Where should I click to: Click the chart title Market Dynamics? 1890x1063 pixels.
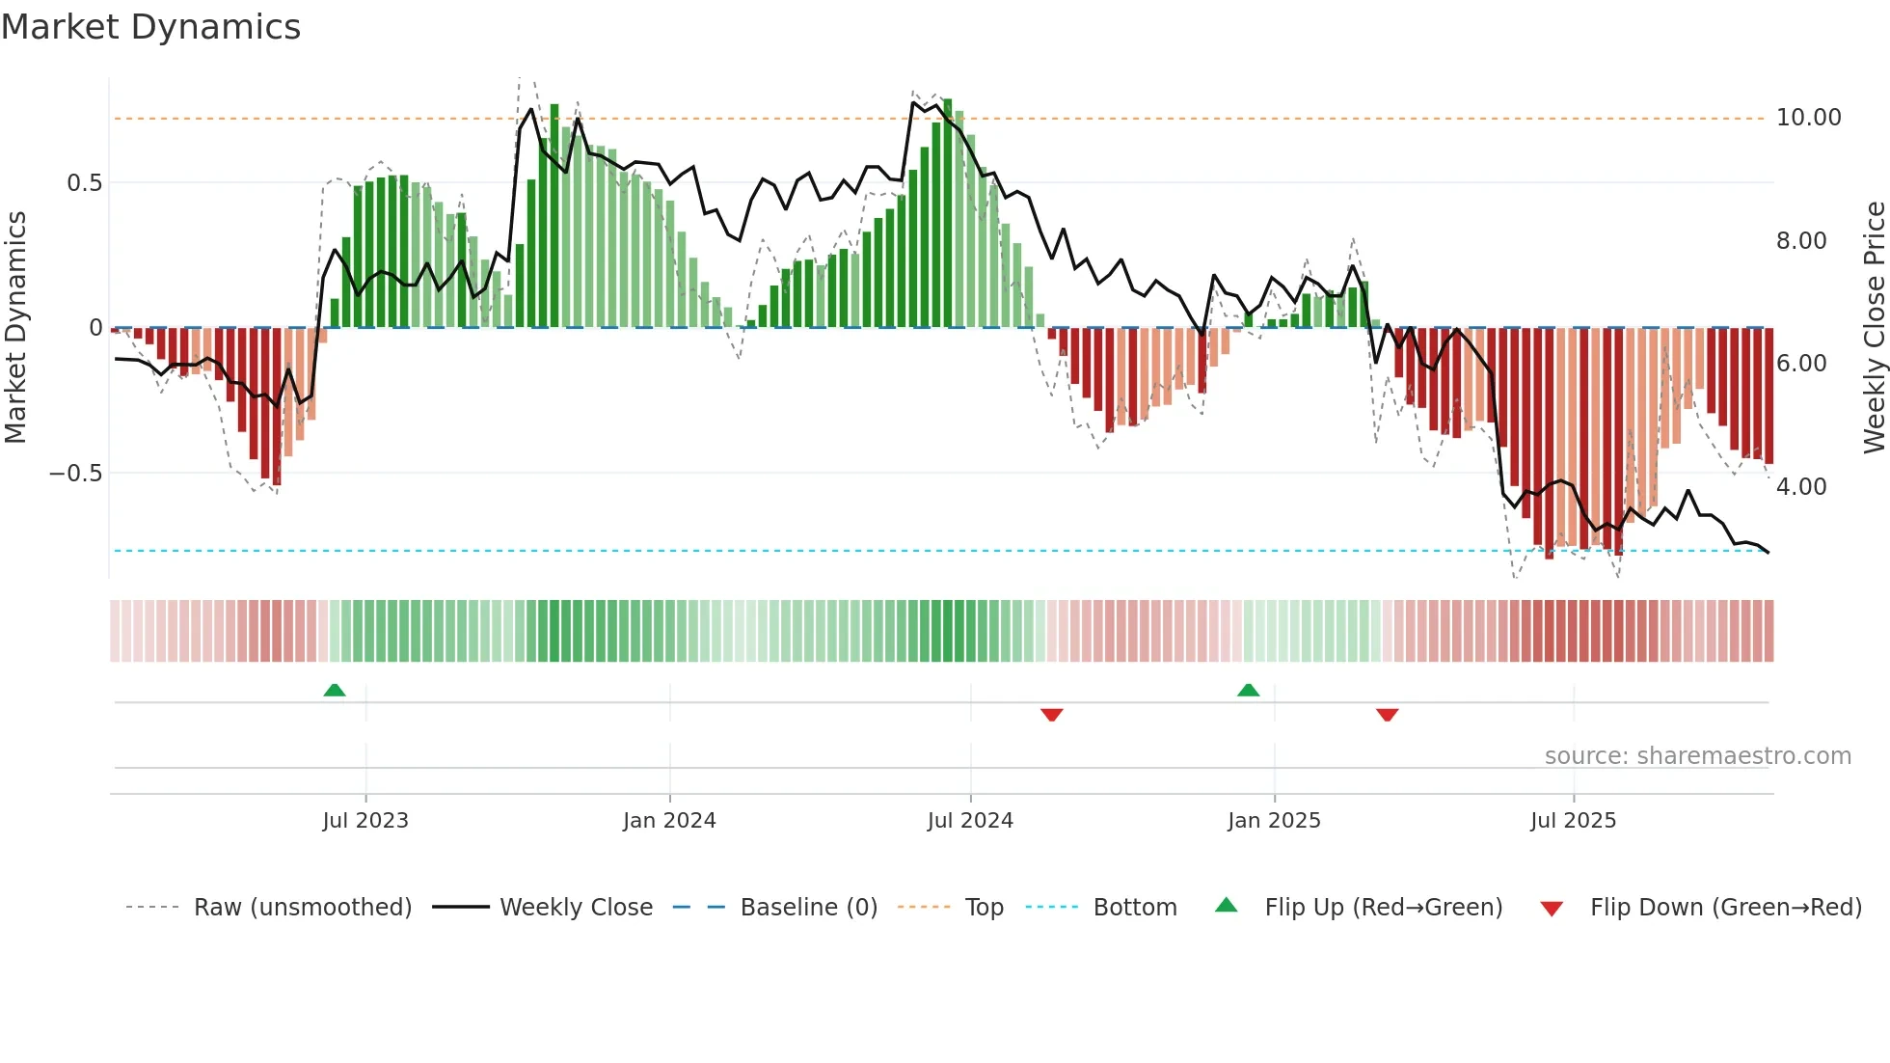[151, 27]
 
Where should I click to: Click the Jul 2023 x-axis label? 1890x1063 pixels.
[365, 821]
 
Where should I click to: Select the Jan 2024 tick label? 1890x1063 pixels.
[669, 821]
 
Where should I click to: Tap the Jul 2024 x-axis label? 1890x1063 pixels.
[970, 821]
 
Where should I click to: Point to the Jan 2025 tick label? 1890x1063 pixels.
[1274, 821]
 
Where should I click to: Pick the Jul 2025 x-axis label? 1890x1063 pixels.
[1573, 821]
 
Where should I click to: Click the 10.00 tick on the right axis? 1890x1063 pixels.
[1808, 118]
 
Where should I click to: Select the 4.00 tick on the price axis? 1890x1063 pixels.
[1800, 487]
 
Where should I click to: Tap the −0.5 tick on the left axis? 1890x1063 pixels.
[75, 474]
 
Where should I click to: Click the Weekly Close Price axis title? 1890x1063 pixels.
[1874, 328]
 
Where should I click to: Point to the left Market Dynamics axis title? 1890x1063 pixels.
[15, 328]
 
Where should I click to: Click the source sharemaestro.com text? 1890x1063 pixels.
[1697, 756]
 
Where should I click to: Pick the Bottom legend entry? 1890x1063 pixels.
[1134, 908]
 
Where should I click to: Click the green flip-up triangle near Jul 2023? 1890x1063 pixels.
[335, 691]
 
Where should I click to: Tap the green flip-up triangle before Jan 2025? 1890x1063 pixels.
[1248, 691]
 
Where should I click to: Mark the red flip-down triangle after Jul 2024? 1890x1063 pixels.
[1052, 715]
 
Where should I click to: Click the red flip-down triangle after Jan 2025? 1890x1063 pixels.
[1388, 715]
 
